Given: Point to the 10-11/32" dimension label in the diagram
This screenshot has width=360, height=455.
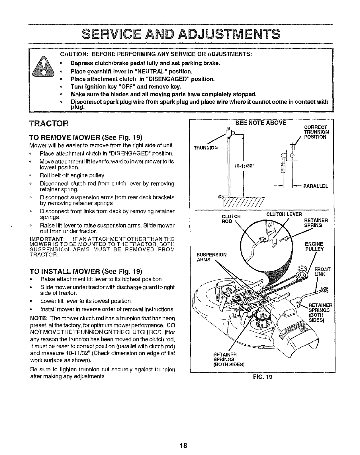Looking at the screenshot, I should click(242, 167).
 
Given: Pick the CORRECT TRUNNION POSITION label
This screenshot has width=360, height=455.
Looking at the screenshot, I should click(316, 132).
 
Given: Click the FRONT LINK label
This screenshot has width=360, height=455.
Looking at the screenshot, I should click(322, 272).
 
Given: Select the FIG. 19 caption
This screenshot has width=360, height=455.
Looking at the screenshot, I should click(263, 377).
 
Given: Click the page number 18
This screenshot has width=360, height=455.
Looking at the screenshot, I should click(183, 445).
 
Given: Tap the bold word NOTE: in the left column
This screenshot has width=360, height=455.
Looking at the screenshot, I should click(37, 318).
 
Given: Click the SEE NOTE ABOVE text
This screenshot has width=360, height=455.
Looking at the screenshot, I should click(260, 123).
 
